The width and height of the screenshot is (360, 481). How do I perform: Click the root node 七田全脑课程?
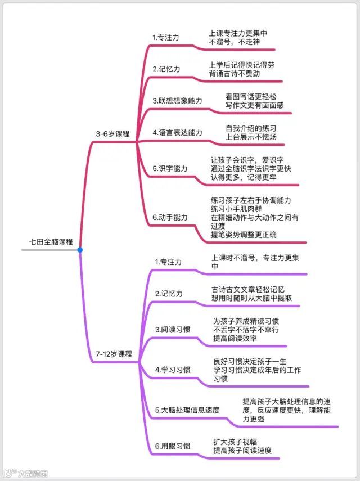pyautogui.click(x=51, y=241)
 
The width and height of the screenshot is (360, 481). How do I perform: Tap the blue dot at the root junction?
pyautogui.click(x=80, y=250)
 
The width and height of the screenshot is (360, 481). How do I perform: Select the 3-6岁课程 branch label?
pyautogui.click(x=113, y=134)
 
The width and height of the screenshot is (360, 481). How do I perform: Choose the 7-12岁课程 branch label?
pyautogui.click(x=114, y=354)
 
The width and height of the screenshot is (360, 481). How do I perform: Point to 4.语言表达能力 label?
pyautogui.click(x=178, y=133)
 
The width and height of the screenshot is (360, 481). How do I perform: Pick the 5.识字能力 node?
pyautogui.click(x=170, y=168)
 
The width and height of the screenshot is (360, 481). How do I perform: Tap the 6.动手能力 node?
pyautogui.click(x=170, y=217)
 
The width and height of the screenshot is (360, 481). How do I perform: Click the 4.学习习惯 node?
pyautogui.click(x=173, y=370)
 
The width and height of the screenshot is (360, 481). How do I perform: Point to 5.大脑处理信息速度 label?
pyautogui.click(x=187, y=410)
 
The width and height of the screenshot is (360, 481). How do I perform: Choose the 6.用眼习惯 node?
pyautogui.click(x=173, y=446)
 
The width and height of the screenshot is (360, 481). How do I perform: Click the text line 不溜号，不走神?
pyautogui.click(x=234, y=42)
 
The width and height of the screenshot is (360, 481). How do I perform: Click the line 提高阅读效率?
pyautogui.click(x=235, y=338)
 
